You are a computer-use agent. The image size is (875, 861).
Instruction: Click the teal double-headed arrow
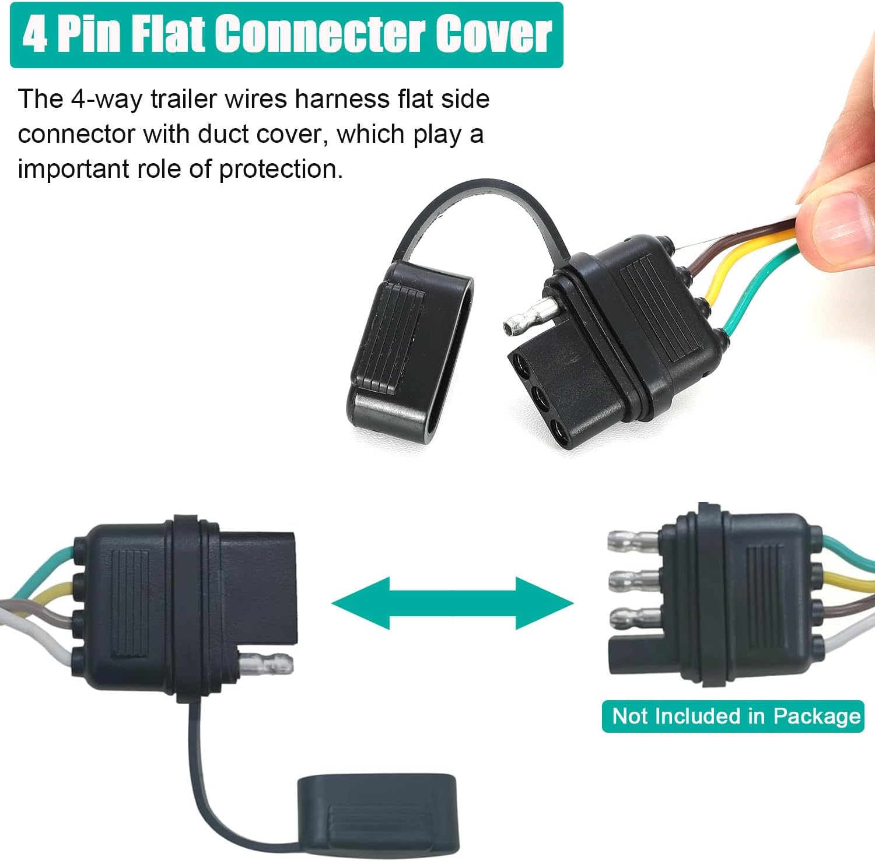453,603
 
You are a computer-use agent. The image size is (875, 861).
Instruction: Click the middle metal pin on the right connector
635,579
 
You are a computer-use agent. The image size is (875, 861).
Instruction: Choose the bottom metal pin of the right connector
635,617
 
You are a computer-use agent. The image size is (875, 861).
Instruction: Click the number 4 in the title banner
35,34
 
